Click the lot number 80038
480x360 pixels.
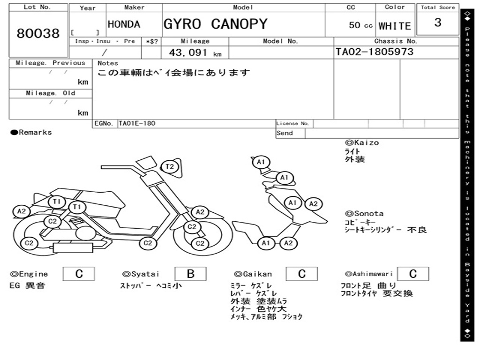click(x=38, y=34)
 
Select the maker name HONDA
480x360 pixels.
click(x=124, y=24)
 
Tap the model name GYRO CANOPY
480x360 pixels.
click(x=215, y=24)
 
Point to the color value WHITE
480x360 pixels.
click(x=395, y=26)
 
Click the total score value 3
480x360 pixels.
click(x=438, y=22)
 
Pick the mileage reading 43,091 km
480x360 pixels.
click(x=195, y=52)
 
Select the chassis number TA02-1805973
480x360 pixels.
click(x=375, y=52)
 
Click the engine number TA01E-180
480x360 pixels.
click(x=137, y=123)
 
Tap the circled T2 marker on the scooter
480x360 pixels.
click(x=170, y=166)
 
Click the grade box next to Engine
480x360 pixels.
click(x=79, y=274)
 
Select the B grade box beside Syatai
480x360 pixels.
click(x=190, y=274)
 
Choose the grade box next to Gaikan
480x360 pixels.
click(x=301, y=274)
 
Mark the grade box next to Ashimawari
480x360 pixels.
click(x=412, y=274)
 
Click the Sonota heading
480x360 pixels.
click(x=364, y=214)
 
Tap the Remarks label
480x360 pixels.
click(x=31, y=133)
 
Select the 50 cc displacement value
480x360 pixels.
click(x=360, y=25)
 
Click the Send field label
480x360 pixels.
click(x=285, y=133)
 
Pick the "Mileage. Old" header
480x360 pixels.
click(x=51, y=93)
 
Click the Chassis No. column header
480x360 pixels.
click(x=396, y=41)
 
